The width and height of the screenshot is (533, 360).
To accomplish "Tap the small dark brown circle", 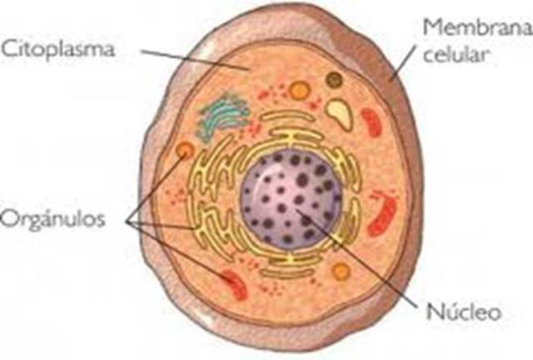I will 334,80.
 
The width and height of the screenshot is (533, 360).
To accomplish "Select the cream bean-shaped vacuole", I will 339,112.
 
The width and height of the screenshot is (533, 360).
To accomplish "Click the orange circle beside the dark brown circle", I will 300,90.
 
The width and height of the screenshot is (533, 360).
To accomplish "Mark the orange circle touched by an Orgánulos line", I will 185,151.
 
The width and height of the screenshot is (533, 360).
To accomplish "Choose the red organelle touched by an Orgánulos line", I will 234,283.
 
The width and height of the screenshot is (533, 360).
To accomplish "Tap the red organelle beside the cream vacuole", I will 371,122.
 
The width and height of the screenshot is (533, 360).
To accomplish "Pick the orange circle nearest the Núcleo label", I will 341,271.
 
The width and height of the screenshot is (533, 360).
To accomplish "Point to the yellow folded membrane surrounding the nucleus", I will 205,208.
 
